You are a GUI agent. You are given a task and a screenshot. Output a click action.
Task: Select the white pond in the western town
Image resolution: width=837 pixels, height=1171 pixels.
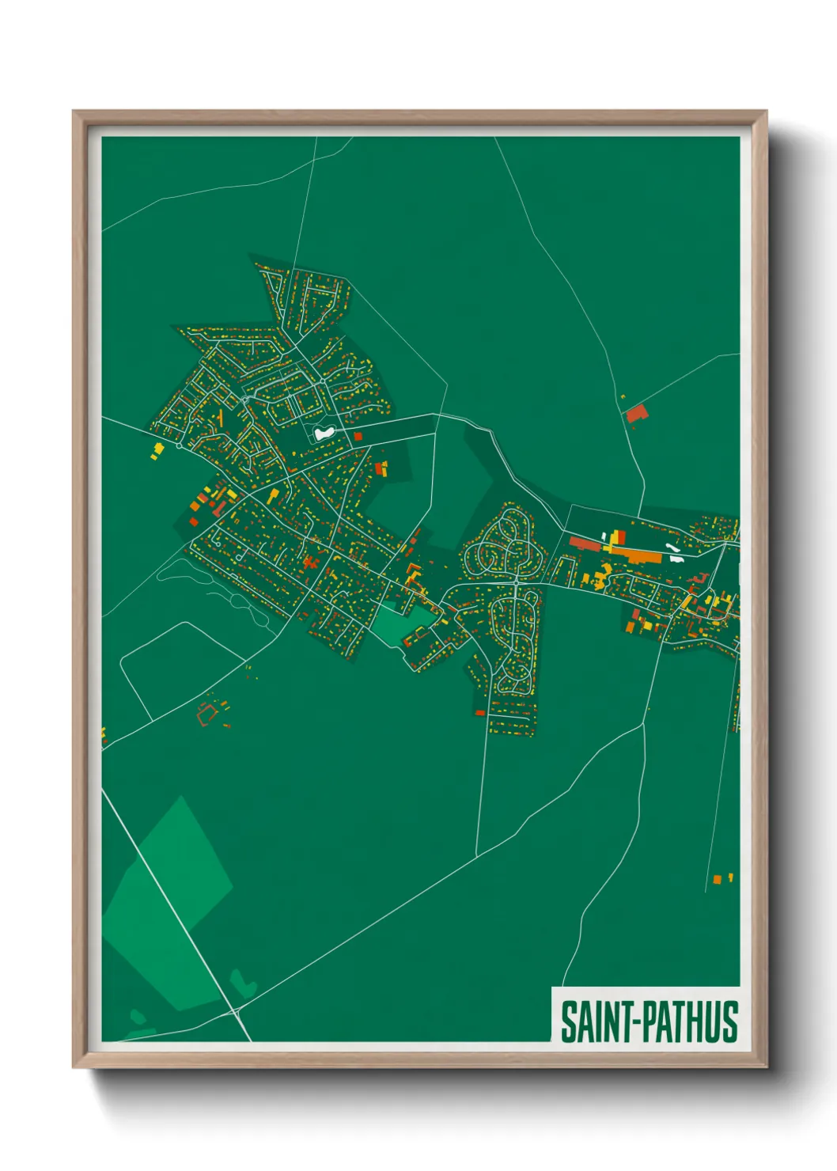click(323, 433)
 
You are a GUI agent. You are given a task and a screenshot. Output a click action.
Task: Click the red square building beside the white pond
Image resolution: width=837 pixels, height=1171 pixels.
click(358, 436)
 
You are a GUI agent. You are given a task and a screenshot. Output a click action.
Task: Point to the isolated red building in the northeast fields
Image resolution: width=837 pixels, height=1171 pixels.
click(636, 414)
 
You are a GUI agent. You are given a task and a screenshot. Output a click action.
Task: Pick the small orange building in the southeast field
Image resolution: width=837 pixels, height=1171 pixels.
click(717, 879)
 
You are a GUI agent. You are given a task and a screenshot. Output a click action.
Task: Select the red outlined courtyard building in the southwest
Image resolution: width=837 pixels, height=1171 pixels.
click(207, 714)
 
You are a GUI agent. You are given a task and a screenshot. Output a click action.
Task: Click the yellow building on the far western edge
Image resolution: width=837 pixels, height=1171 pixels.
click(157, 450)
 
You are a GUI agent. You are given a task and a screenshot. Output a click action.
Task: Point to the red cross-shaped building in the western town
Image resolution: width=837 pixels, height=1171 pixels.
click(309, 563)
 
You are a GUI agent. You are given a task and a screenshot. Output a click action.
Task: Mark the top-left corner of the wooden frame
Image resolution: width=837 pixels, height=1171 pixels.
click(74, 112)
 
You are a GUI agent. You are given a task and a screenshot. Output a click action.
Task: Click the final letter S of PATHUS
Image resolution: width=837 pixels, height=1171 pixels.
click(729, 1021)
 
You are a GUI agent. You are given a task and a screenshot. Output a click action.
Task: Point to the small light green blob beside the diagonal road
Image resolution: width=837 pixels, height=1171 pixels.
click(244, 984)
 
